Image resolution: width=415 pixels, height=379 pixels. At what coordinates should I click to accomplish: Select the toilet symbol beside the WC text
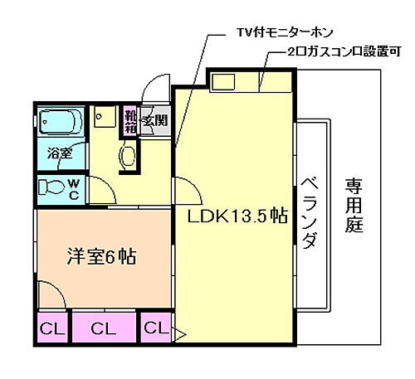tap(51, 187)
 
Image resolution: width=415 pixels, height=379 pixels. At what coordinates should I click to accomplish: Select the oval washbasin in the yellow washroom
tap(129, 155)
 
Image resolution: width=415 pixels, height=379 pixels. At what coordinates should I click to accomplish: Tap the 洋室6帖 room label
tap(101, 256)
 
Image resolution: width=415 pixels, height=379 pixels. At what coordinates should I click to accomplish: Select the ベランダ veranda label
tap(308, 213)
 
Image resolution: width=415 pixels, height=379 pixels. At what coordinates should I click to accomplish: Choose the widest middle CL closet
tap(103, 329)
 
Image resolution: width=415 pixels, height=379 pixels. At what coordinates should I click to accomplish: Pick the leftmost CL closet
tap(51, 329)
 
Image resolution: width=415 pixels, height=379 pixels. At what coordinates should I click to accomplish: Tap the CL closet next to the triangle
tap(154, 328)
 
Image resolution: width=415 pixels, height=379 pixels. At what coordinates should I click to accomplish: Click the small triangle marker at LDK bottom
tap(178, 336)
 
